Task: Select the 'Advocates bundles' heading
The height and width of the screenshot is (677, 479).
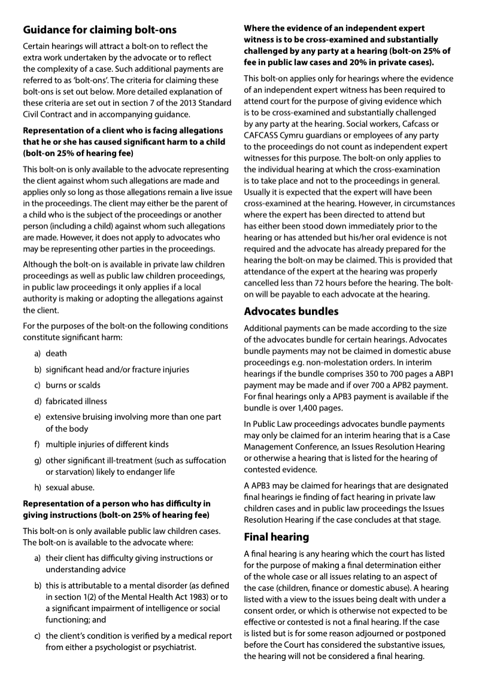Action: pyautogui.click(x=291, y=311)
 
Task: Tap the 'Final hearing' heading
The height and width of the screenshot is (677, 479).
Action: pyautogui.click(x=276, y=536)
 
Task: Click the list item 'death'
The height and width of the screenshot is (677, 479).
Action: pyautogui.click(x=56, y=353)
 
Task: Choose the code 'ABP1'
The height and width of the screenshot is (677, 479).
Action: pyautogui.click(x=438, y=374)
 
